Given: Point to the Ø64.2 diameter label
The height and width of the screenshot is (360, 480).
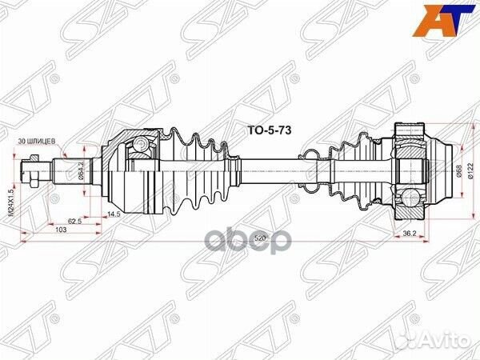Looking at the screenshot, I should click(x=81, y=171).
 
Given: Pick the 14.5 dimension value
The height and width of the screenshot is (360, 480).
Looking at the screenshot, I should click(x=113, y=214).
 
